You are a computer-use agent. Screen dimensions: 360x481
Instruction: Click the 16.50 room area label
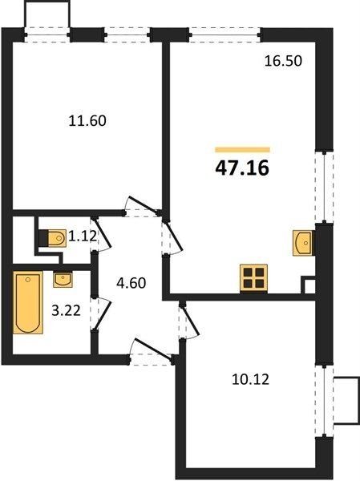click(x=283, y=61)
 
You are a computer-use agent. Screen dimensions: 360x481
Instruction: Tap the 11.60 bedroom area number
click(x=87, y=120)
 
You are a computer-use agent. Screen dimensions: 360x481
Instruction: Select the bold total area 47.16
click(x=242, y=168)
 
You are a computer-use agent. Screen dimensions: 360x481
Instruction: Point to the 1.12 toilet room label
click(x=83, y=236)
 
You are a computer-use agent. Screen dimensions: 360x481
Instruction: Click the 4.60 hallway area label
click(x=131, y=283)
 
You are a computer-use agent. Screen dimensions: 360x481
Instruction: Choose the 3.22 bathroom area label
click(x=67, y=311)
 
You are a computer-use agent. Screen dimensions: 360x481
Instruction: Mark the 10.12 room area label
click(x=250, y=380)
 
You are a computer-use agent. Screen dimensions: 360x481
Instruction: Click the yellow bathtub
click(x=28, y=302)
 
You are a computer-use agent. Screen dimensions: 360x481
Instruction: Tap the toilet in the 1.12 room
click(x=53, y=238)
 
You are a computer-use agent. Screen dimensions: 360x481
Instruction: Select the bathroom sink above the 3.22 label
click(x=63, y=280)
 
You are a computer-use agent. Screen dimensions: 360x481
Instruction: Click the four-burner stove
click(x=254, y=278)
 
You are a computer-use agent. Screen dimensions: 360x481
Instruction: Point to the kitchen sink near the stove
click(x=304, y=243)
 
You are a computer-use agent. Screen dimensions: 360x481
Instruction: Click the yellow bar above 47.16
click(x=242, y=150)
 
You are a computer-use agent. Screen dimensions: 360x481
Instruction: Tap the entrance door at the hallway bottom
click(x=152, y=350)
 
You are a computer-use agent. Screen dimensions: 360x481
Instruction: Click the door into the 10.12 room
click(x=189, y=321)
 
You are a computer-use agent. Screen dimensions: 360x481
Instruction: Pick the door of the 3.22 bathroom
click(x=101, y=313)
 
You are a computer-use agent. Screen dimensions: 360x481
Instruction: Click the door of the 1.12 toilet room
click(x=101, y=234)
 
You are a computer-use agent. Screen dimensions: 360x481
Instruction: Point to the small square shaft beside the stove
click(x=309, y=285)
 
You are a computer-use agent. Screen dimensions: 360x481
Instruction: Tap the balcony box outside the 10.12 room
click(x=346, y=400)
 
